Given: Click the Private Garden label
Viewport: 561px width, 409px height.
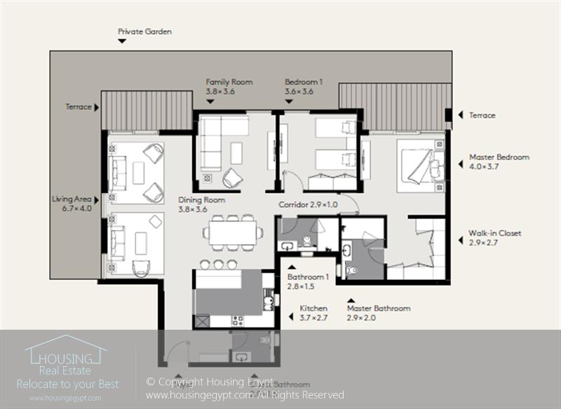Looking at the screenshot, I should pyautogui.click(x=144, y=32).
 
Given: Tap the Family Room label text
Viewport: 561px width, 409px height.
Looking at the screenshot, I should pyautogui.click(x=229, y=82).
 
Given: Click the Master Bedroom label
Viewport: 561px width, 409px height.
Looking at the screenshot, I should pyautogui.click(x=499, y=157).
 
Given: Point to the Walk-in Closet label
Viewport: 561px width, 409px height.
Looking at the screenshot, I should pyautogui.click(x=494, y=234).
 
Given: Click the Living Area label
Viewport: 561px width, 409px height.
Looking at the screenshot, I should pyautogui.click(x=72, y=199).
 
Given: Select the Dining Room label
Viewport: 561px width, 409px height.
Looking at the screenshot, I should pyautogui.click(x=201, y=200).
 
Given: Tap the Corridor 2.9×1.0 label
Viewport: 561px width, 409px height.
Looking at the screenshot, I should pyautogui.click(x=308, y=205).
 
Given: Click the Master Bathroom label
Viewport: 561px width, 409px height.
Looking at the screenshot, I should pyautogui.click(x=378, y=308).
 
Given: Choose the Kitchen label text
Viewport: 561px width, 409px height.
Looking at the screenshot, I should pyautogui.click(x=313, y=309).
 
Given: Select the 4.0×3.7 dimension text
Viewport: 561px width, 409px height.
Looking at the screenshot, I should pyautogui.click(x=485, y=166).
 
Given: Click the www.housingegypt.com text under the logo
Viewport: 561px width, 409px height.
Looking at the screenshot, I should pyautogui.click(x=65, y=398).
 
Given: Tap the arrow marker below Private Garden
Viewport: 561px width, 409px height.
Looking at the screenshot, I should pyautogui.click(x=122, y=41).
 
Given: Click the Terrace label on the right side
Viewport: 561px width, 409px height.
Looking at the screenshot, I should pyautogui.click(x=482, y=115).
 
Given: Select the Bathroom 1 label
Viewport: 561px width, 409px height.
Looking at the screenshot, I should pyautogui.click(x=306, y=277).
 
